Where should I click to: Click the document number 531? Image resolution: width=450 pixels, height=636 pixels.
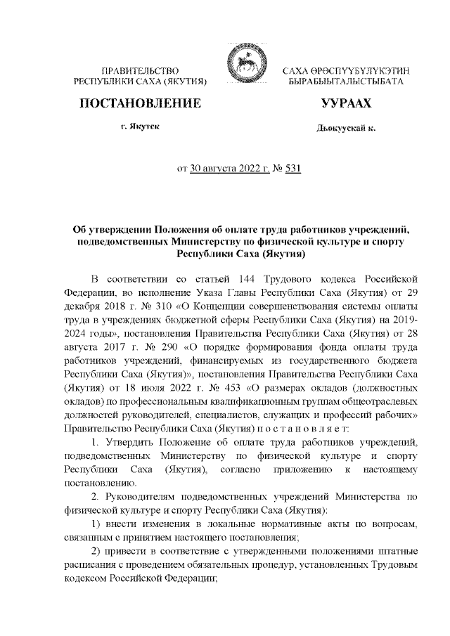pyautogui.click(x=293, y=169)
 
